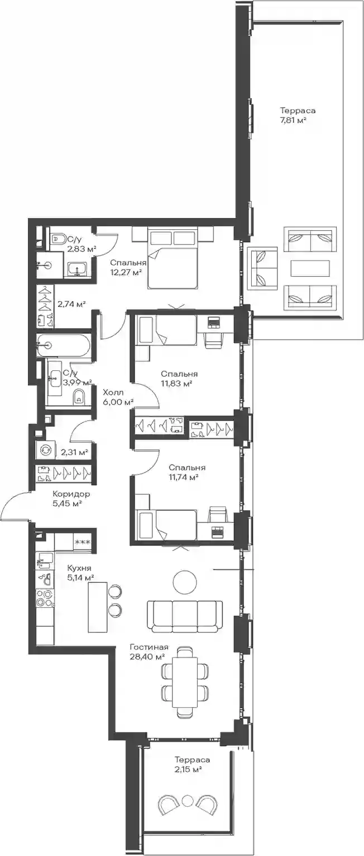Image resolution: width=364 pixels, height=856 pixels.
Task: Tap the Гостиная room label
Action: coord(149,647)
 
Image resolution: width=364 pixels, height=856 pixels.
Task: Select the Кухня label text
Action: coord(79,568)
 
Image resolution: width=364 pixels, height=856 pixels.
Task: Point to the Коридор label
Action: coord(71,494)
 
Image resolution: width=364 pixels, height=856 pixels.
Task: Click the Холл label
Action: coord(113,392)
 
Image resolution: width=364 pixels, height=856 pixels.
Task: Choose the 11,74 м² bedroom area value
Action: coord(183,477)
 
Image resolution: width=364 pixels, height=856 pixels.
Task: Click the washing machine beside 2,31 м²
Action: coord(45,450)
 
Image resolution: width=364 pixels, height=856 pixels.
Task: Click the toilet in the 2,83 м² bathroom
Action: coord(58,239)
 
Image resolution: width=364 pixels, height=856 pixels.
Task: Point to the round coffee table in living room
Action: coord(185,582)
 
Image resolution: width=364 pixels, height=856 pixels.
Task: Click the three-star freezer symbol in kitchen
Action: coord(82,542)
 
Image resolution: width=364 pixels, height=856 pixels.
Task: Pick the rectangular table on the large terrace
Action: coord(310,268)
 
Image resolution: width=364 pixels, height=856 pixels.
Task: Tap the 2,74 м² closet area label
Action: coord(71,304)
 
